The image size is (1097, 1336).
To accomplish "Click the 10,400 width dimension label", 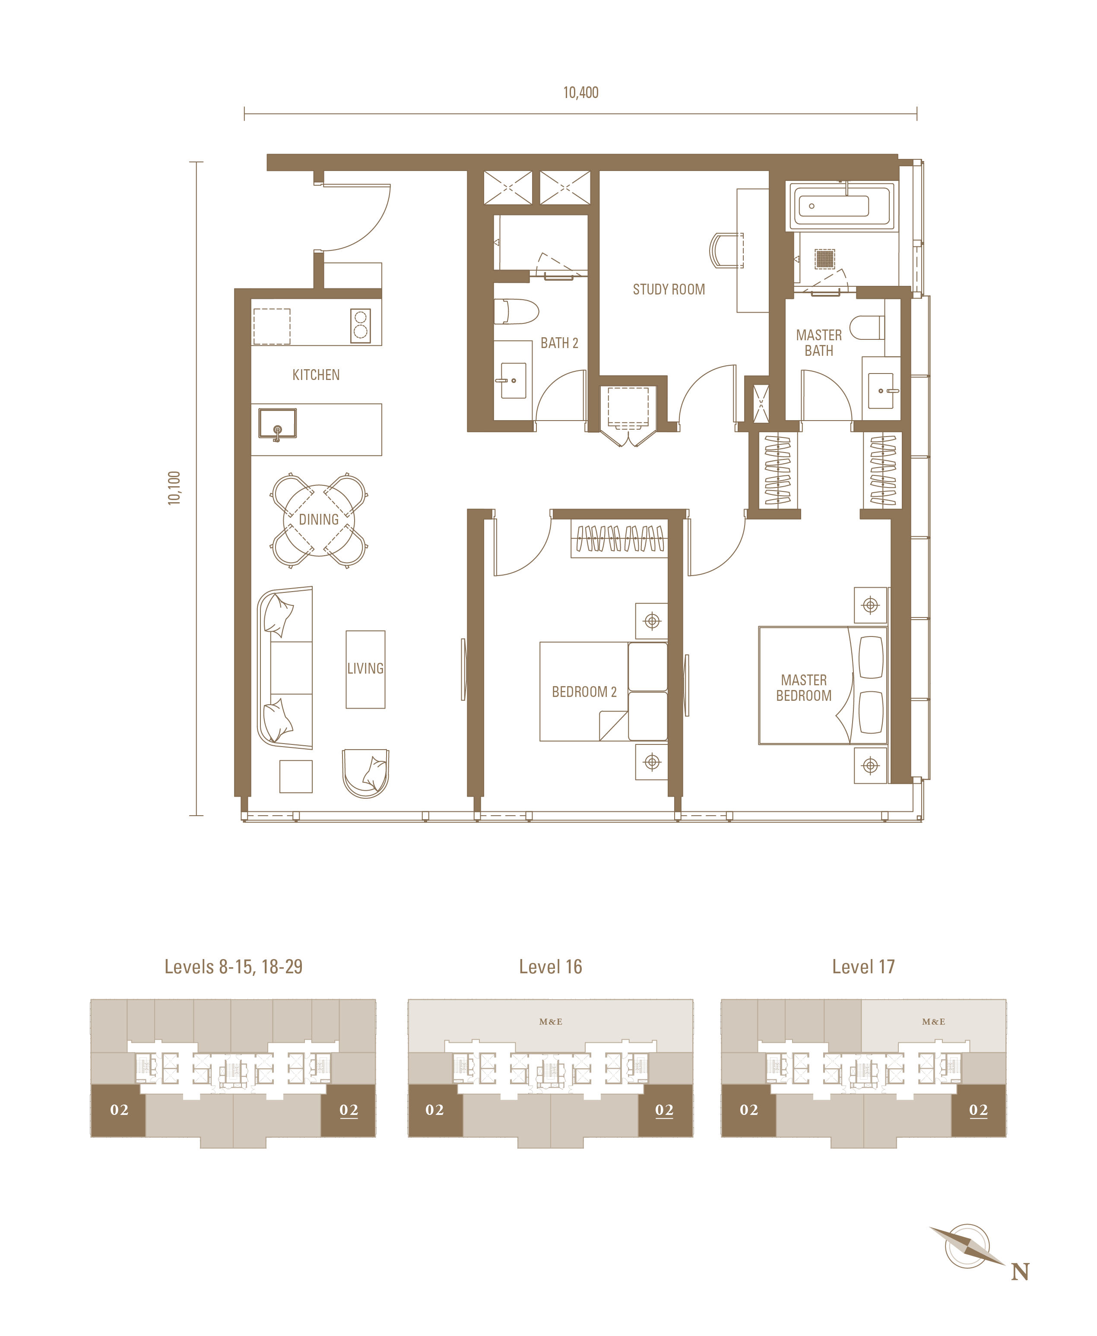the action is tap(581, 93).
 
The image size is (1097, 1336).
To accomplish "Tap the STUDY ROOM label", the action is tap(669, 289).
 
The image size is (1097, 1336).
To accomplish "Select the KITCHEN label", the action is tap(316, 375).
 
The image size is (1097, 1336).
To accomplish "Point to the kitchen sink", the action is tap(277, 424).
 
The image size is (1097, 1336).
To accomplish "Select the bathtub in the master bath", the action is tap(840, 206).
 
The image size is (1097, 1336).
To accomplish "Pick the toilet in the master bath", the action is tap(867, 328).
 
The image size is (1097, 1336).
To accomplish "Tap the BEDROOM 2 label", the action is tap(584, 692).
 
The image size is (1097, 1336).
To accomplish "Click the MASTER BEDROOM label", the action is tap(804, 688).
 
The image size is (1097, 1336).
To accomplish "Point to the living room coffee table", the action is tap(365, 670).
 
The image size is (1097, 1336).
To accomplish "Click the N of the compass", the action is tap(1020, 1272).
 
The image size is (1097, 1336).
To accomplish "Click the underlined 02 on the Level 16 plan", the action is tap(664, 1110).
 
